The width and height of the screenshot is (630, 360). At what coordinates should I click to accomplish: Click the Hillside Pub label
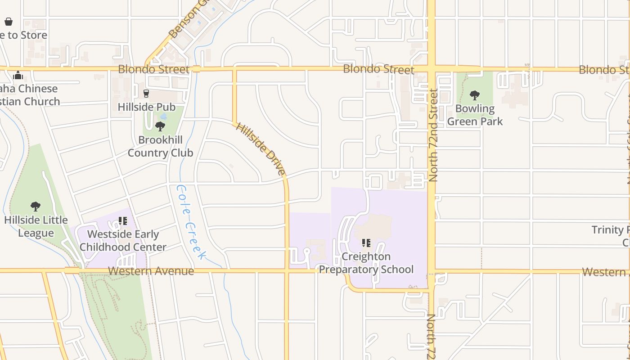(146, 107)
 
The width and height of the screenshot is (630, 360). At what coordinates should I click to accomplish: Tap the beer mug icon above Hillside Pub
(146, 94)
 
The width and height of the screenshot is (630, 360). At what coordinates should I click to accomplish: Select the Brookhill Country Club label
(160, 146)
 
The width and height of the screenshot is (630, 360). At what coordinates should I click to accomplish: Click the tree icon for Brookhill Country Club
(160, 126)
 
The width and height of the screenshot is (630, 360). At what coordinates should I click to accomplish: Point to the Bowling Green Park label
(475, 115)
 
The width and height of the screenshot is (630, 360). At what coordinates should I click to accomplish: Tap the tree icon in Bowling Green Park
(474, 95)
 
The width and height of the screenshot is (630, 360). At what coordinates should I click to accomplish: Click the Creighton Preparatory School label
(366, 263)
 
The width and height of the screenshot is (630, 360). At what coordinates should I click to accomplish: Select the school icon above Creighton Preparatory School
(366, 243)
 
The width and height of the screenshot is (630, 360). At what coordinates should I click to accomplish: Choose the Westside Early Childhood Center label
(123, 241)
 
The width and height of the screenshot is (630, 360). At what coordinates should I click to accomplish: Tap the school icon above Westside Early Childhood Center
(123, 221)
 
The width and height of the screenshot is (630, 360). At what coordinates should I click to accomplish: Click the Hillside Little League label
(36, 226)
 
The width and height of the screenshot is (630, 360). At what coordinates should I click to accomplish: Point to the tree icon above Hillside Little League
(36, 207)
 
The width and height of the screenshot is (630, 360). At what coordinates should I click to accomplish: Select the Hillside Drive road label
(261, 149)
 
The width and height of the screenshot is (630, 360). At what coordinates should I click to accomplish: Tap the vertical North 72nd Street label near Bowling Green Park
(433, 135)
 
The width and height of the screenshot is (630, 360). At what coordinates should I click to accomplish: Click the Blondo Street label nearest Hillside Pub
(153, 69)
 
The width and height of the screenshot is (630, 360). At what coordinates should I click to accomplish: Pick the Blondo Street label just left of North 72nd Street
(378, 69)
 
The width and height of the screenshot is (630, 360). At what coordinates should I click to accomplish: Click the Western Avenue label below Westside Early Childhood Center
(151, 271)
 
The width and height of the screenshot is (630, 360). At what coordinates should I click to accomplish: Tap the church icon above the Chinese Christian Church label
(18, 75)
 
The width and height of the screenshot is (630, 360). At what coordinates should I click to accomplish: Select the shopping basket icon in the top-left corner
(8, 22)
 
